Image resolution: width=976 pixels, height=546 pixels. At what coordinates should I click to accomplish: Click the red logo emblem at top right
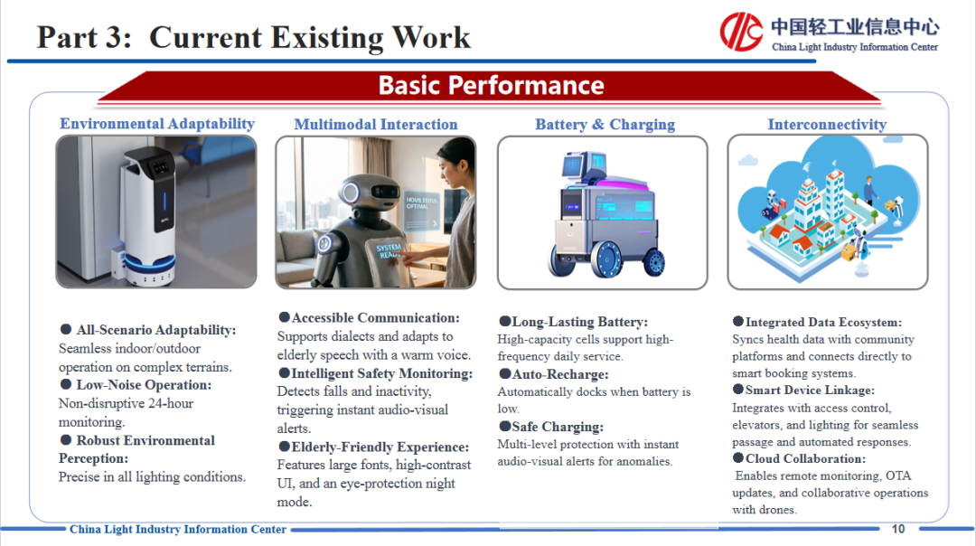741,31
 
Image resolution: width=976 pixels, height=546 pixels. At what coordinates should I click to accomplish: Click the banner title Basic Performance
491,85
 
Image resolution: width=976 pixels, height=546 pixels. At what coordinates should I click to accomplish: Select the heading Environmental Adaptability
157,123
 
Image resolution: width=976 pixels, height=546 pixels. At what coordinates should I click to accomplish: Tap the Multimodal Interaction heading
375,125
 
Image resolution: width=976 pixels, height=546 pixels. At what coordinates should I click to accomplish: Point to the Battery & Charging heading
605,125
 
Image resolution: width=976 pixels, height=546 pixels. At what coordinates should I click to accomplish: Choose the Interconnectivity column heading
827,125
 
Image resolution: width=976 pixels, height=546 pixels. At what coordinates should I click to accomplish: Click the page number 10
897,529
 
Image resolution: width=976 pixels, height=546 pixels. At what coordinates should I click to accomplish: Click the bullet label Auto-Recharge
559,374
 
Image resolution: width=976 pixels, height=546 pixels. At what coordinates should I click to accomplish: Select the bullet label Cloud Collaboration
805,459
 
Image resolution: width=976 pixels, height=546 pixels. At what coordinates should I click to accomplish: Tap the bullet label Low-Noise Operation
144,385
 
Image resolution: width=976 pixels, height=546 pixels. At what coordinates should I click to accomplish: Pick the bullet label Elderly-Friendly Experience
380,447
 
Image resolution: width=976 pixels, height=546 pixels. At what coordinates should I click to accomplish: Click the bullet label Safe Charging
557,427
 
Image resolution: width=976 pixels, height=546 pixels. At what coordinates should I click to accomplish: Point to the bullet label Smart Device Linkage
809,391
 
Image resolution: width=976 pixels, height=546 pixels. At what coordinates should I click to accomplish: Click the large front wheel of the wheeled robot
607,259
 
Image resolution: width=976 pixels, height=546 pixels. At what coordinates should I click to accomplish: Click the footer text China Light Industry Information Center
177,529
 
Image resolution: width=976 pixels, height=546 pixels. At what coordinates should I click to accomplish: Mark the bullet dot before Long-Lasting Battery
505,321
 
